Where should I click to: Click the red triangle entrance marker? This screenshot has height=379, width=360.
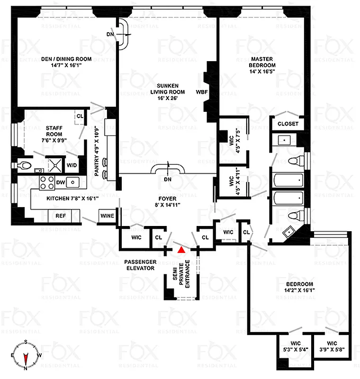click(180, 249)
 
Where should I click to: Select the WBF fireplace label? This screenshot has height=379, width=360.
click(200, 92)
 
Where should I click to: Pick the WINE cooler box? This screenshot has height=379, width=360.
click(107, 217)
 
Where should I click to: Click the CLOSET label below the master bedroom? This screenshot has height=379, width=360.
click(288, 124)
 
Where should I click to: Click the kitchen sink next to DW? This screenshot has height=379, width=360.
click(73, 181)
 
